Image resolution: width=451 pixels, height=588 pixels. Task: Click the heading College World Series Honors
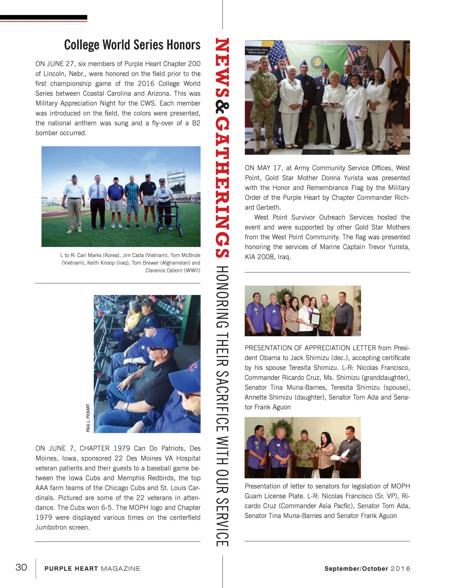tap(132, 45)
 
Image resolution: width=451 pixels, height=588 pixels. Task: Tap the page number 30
tap(21, 567)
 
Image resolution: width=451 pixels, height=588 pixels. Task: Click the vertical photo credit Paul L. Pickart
tap(88, 417)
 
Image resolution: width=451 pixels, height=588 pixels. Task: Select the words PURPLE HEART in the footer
tap(71, 569)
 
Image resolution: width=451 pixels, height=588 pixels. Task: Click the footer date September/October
tap(356, 569)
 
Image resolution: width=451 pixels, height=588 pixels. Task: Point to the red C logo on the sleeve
tap(193, 366)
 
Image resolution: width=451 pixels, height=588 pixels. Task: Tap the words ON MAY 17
tap(263, 168)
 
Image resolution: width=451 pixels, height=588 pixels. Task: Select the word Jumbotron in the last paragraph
tap(51, 528)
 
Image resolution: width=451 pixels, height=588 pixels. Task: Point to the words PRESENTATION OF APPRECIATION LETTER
tap(310, 348)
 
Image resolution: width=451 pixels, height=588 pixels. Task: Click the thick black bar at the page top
tap(44, 17)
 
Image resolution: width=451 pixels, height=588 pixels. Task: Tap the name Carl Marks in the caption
tap(89, 255)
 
